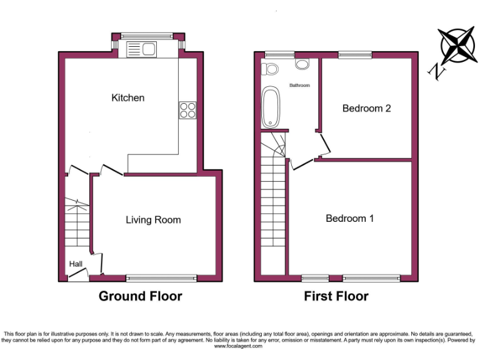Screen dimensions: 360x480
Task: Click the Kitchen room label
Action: click(x=127, y=97)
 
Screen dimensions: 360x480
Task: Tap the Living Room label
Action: click(x=153, y=219)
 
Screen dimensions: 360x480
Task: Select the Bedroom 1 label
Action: click(x=349, y=218)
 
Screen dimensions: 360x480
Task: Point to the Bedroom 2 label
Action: click(x=366, y=108)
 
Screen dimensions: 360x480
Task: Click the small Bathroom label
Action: click(x=299, y=85)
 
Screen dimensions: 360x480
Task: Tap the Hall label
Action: click(x=76, y=264)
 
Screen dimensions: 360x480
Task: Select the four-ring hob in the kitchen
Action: click(x=187, y=110)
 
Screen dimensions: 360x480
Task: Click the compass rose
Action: click(x=457, y=45)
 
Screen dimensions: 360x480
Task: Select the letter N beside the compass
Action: click(x=437, y=72)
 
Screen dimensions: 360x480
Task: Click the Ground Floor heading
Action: click(x=140, y=296)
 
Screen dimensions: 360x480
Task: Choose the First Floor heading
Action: click(x=336, y=296)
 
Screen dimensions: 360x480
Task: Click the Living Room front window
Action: click(x=162, y=277)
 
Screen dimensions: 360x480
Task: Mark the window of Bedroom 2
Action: click(x=354, y=55)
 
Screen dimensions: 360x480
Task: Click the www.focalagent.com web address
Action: click(x=240, y=346)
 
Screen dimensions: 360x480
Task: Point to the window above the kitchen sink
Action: click(x=148, y=34)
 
